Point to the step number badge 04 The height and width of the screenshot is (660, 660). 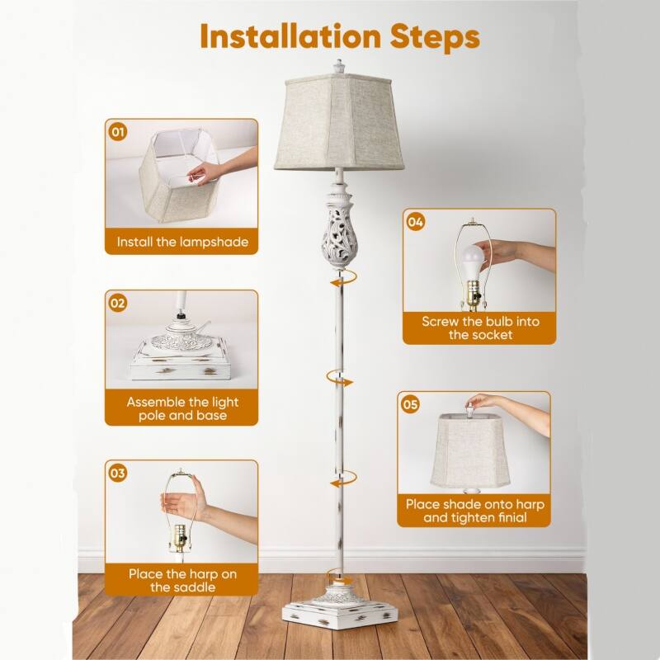pyautogui.click(x=416, y=221)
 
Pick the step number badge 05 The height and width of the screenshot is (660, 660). pyautogui.click(x=410, y=403)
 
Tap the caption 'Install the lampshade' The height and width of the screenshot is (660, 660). pyautogui.click(x=181, y=243)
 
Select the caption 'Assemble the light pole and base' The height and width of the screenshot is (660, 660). pyautogui.click(x=181, y=408)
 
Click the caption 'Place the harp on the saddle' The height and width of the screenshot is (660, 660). pyautogui.click(x=181, y=579)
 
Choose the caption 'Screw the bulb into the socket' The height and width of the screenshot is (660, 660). pyautogui.click(x=479, y=328)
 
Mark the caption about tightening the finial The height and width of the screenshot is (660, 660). pyautogui.click(x=474, y=510)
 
